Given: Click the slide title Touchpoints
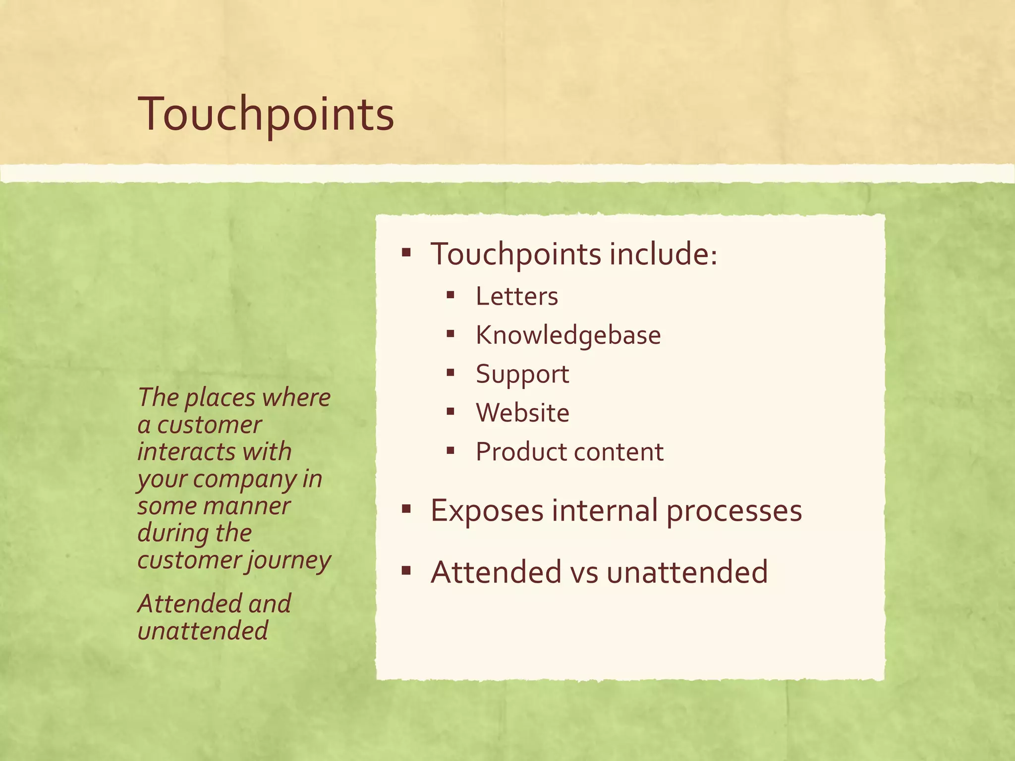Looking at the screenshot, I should coord(266,114).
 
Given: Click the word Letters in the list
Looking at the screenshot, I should coord(517,296).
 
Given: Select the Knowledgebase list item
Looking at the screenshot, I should coord(568,335).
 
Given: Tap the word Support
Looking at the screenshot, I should coord(522,374).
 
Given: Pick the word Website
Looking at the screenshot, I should coord(522,413).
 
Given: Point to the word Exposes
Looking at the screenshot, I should coord(487,511).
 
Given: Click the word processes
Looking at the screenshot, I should coord(734,511).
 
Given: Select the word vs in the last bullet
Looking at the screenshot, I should coord(584,572).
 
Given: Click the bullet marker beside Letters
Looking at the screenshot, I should coord(450,296).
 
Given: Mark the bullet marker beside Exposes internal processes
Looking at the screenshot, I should coord(406,509).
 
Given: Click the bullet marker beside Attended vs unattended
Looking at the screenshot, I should coord(406,571).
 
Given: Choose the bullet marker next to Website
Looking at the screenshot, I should coord(450,411).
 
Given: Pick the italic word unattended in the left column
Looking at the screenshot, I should coord(203,631).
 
